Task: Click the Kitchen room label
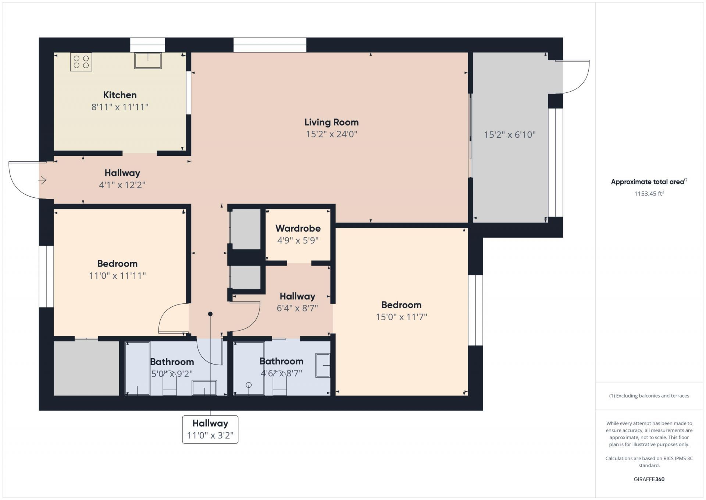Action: [x=120, y=95]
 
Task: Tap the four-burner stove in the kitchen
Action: [x=81, y=62]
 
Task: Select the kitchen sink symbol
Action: [x=148, y=61]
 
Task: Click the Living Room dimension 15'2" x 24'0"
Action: [x=332, y=134]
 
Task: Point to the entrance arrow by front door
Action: [x=42, y=180]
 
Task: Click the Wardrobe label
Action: [x=298, y=228]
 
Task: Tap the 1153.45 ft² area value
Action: [x=649, y=193]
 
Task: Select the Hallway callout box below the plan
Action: [x=210, y=429]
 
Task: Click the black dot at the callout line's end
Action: [x=210, y=314]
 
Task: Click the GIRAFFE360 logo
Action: [x=649, y=479]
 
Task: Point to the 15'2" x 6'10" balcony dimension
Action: [x=510, y=135]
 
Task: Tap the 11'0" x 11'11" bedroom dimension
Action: [x=117, y=275]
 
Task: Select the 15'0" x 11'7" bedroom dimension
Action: [x=401, y=317]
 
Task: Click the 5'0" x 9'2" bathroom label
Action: [x=172, y=374]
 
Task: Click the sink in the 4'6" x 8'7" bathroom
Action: [x=323, y=365]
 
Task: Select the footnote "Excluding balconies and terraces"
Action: [x=649, y=396]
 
